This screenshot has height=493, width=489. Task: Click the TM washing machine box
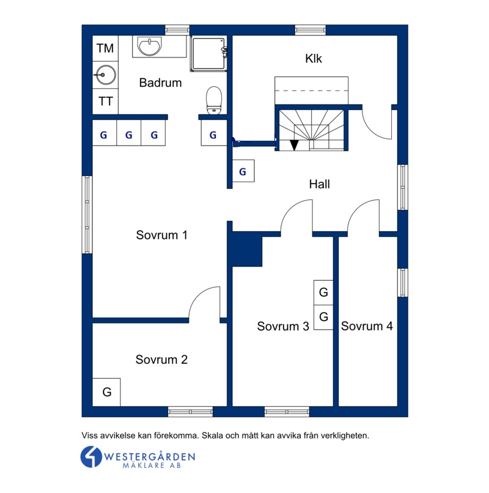tap(105, 48)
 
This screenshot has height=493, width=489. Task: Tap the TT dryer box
tap(105, 102)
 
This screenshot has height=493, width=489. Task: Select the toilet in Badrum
tap(214, 100)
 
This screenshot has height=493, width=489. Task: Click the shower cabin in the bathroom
tap(208, 54)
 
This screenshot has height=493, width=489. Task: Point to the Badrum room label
tap(160, 83)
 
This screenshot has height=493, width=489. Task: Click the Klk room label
tap(314, 59)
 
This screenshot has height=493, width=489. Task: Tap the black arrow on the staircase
tap(294, 145)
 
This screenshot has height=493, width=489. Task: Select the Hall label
tap(319, 184)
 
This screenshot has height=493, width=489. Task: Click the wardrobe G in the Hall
tap(243, 171)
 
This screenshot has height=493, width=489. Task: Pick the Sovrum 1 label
tap(161, 235)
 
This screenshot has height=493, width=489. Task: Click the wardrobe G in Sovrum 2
tap(106, 392)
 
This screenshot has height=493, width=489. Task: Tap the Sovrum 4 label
tap(367, 326)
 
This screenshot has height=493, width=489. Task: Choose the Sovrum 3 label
tap(283, 326)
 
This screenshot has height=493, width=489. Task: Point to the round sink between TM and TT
tap(106, 75)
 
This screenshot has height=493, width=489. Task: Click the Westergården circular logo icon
tap(91, 456)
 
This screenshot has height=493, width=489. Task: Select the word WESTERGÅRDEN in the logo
tap(149, 456)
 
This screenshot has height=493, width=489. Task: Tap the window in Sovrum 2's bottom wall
tap(191, 412)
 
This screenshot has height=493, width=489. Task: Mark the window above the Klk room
tap(311, 30)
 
